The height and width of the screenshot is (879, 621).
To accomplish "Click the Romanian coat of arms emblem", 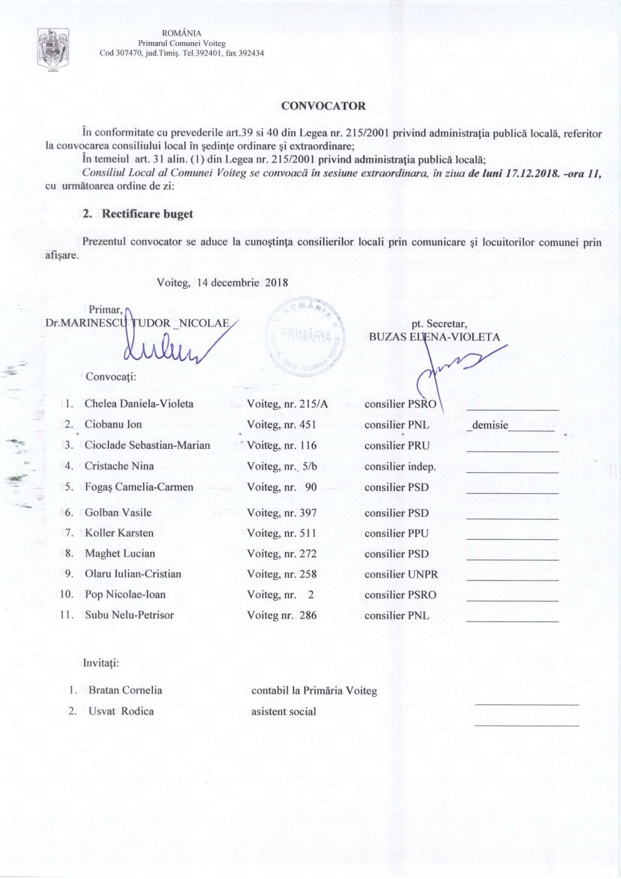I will [x=53, y=49].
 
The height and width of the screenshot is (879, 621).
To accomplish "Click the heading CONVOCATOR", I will [x=323, y=106].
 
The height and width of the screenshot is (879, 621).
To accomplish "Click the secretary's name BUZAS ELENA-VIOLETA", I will [x=434, y=337].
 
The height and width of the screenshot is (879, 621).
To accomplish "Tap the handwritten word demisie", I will [x=490, y=425].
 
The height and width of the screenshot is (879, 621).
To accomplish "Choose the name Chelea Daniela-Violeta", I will [x=139, y=404].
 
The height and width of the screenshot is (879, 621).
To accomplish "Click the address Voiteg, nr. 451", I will [x=282, y=424].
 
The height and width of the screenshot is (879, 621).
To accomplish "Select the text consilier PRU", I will [x=397, y=446].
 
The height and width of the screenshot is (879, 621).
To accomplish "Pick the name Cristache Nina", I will [x=119, y=466].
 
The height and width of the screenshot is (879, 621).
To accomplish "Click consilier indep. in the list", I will [x=400, y=466].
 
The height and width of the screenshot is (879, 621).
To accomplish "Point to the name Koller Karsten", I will [x=119, y=533].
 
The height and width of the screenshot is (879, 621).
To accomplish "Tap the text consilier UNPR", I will [x=401, y=574].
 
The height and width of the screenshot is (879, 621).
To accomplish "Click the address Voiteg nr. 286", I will [x=282, y=615].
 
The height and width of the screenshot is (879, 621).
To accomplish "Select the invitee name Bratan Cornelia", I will [x=125, y=690].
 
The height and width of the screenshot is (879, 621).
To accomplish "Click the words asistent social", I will [x=284, y=711].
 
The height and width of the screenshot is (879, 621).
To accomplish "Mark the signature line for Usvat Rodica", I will [x=526, y=725].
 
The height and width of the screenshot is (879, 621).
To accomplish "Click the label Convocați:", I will [x=111, y=377].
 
